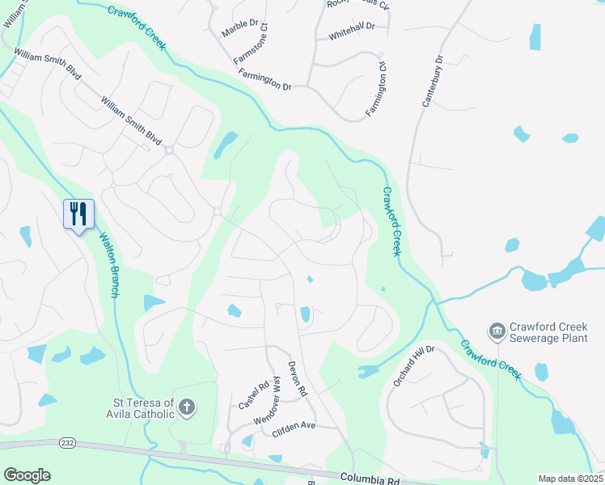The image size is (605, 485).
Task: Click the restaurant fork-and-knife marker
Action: click(79, 214)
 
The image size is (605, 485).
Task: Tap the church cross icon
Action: click(187, 407)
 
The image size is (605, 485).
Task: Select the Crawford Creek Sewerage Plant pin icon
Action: click(495, 331)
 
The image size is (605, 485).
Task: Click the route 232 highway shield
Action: click(66, 443)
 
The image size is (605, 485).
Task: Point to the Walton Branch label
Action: click(108, 266)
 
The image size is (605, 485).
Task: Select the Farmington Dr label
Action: click(264, 78)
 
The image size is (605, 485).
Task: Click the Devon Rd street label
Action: click(297, 377)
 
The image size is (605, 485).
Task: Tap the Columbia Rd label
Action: click(370, 479)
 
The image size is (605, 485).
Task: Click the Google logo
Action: click(27, 475)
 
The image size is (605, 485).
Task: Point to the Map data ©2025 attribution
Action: click(570, 479)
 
